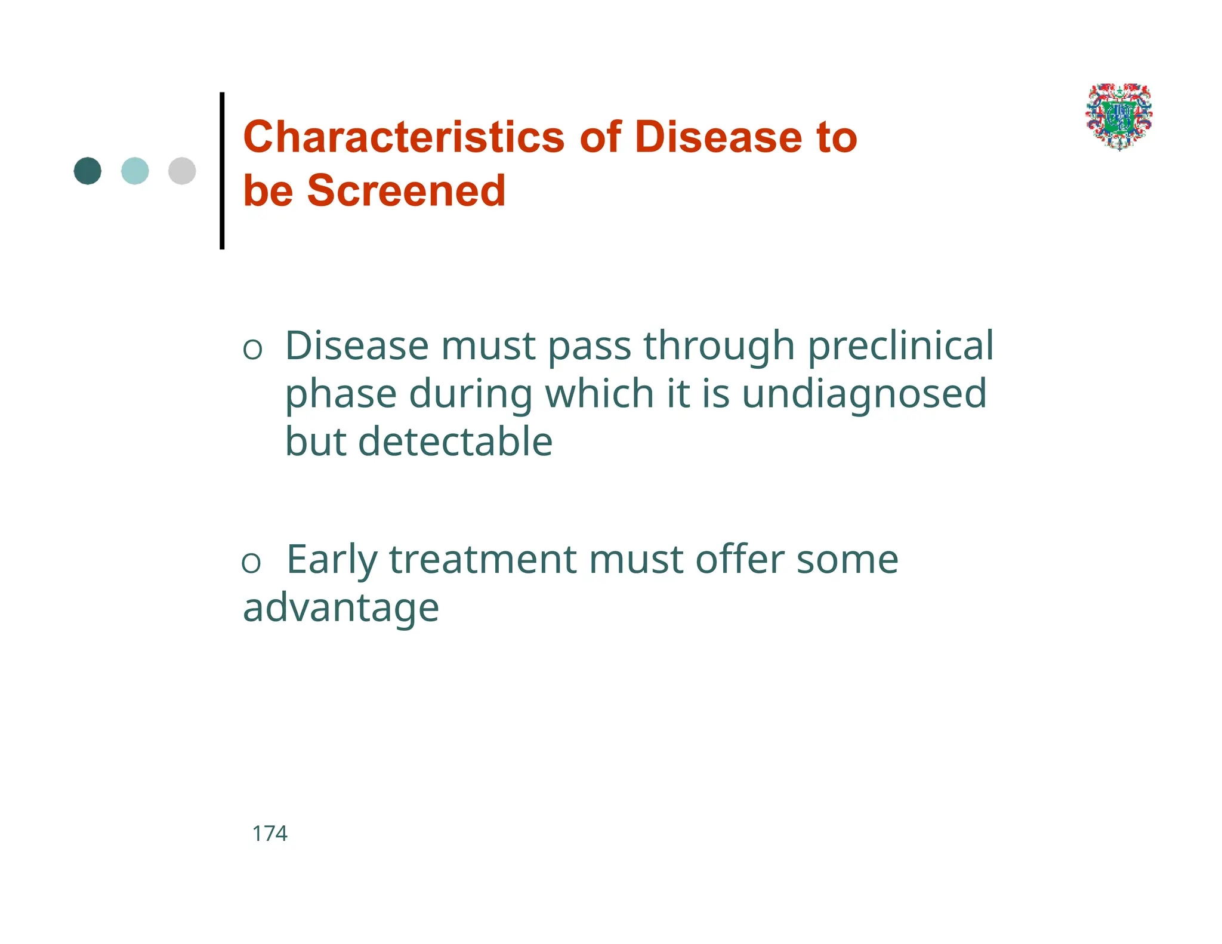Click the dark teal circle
click(x=88, y=171)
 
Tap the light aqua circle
click(x=135, y=171)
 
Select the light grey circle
click(x=182, y=171)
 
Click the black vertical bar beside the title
click(x=222, y=170)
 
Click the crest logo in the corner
click(x=1119, y=116)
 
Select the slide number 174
click(x=270, y=834)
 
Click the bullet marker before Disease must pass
click(x=252, y=349)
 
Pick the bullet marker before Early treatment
click(x=251, y=563)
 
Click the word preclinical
click(x=900, y=346)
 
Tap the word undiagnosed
click(x=863, y=394)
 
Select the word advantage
click(x=341, y=608)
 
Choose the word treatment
click(x=483, y=560)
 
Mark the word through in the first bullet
click(x=719, y=346)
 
